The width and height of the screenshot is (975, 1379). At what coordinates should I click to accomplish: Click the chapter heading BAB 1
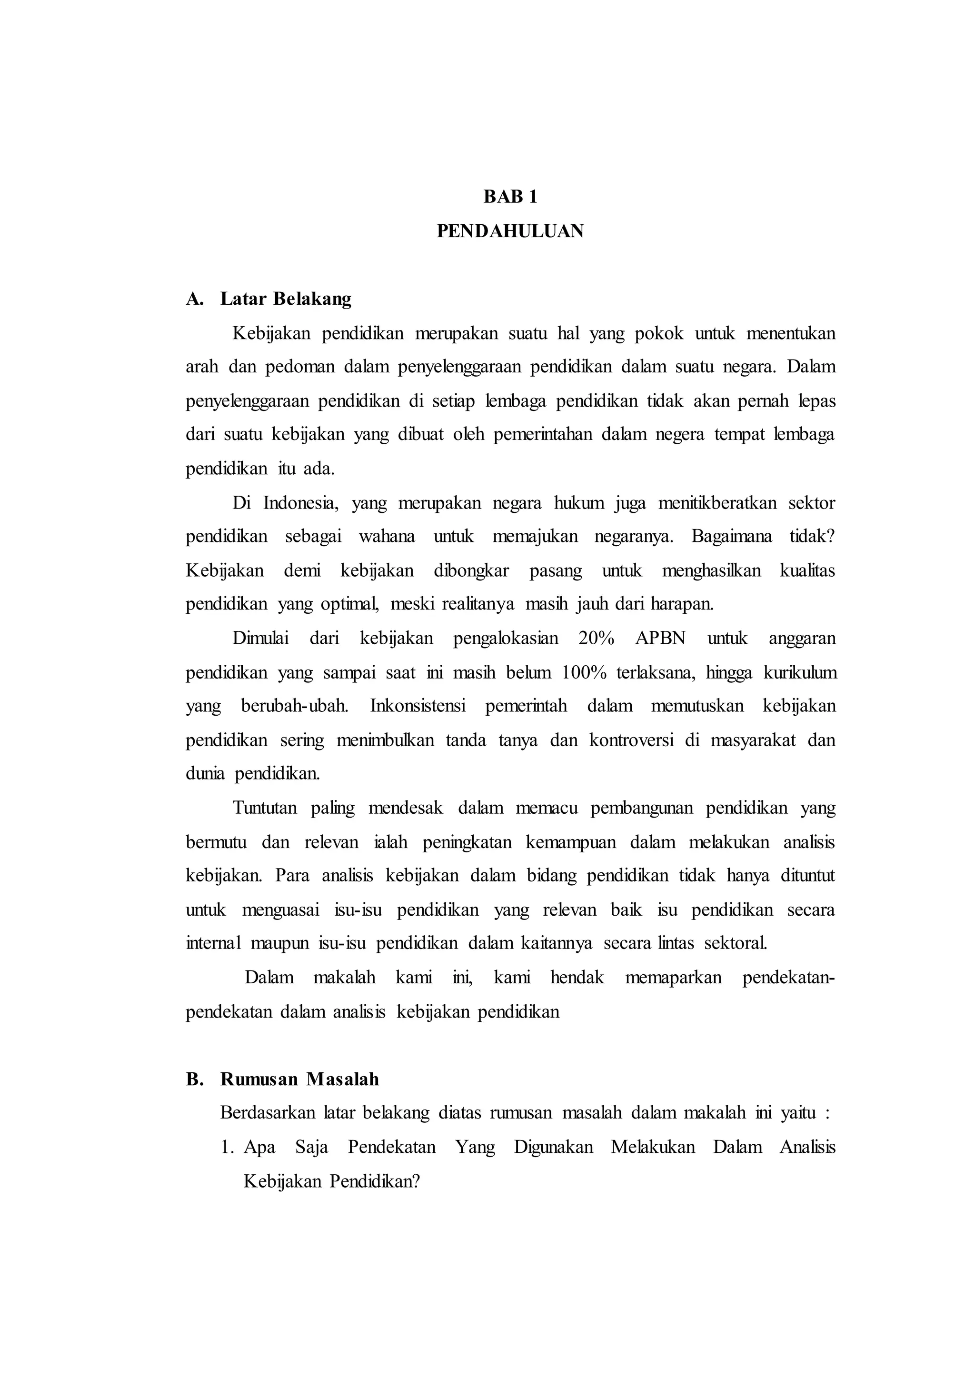[x=510, y=197]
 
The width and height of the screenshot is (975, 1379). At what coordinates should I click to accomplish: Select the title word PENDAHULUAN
[x=510, y=231]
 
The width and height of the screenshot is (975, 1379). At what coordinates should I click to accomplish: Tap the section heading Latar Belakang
[x=286, y=299]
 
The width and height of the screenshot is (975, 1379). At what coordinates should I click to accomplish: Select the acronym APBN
[x=660, y=638]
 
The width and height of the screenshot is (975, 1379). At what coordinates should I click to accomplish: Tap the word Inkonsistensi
[x=418, y=706]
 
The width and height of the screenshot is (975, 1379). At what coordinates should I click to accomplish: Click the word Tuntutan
[x=265, y=808]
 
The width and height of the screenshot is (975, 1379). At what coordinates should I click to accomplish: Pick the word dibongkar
[x=471, y=570]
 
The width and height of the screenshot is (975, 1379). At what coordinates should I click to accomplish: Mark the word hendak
[x=577, y=977]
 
